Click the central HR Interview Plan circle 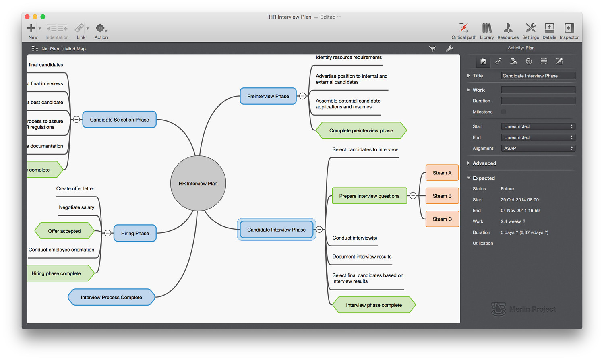point(198,183)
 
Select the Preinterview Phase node point(268,96)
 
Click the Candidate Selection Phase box point(119,120)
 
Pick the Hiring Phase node point(135,233)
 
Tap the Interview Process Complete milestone point(111,297)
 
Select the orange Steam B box point(442,196)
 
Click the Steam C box point(442,219)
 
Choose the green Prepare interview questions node point(369,196)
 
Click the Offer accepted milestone point(64,231)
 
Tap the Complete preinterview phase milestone point(361,130)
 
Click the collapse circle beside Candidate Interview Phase point(319,230)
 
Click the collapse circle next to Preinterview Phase point(302,96)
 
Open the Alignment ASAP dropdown point(538,148)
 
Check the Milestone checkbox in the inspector point(504,112)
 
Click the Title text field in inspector point(538,76)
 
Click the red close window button point(27,17)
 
